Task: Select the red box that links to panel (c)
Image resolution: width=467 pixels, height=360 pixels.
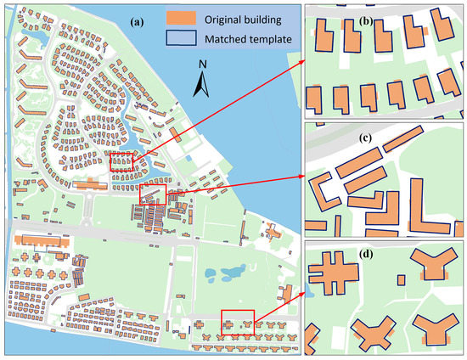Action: (154, 194)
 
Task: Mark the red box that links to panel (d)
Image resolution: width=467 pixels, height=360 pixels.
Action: (237, 323)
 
